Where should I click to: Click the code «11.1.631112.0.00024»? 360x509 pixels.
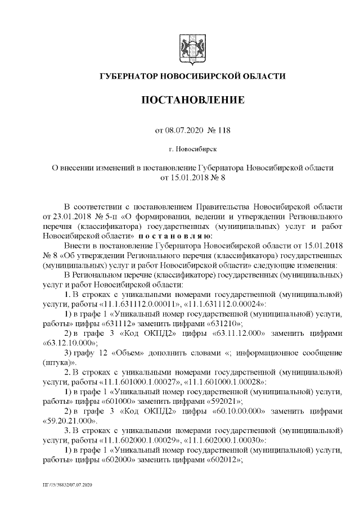pos(214,303)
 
